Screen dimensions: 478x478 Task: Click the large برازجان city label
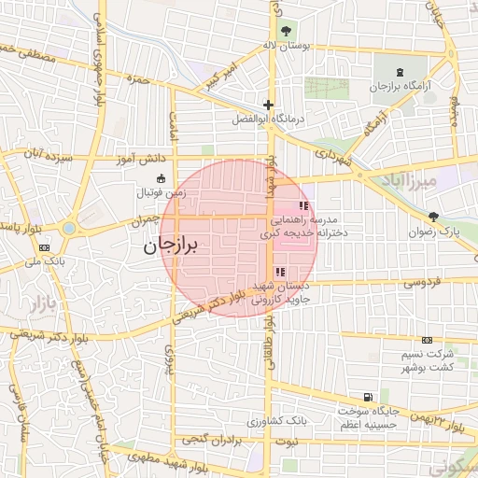(x=174, y=246)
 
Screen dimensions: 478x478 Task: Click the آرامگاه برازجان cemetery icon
(x=401, y=71)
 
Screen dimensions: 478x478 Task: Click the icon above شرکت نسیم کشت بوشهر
(x=427, y=340)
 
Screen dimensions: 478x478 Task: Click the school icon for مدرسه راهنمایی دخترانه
(x=302, y=205)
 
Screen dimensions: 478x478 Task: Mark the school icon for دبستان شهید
(x=281, y=272)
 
